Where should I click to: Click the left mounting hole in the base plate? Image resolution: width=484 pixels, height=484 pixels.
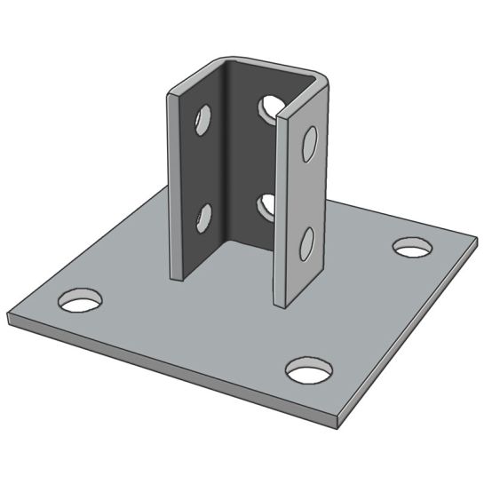click(x=80, y=300)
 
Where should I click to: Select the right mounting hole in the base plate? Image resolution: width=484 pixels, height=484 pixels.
click(x=412, y=246)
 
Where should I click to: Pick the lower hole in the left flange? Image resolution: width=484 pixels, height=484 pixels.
click(x=203, y=216)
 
